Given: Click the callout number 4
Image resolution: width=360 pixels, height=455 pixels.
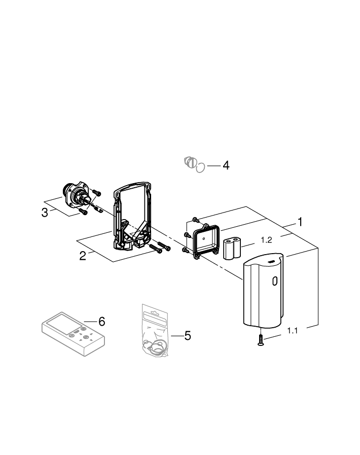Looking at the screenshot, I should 226,165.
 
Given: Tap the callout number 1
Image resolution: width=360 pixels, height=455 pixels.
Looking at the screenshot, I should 300,222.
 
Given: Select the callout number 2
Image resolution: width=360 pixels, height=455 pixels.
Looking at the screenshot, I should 83,256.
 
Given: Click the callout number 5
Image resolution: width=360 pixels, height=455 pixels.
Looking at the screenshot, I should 187,336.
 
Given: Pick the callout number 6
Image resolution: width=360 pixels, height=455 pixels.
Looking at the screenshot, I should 101,321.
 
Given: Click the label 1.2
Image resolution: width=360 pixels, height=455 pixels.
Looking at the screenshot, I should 267,240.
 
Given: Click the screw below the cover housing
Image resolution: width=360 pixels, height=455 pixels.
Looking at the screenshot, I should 260,340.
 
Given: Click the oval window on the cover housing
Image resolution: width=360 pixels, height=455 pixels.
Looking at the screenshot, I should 275,282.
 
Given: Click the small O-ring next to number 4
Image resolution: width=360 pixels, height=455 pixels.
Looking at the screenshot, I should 201,166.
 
